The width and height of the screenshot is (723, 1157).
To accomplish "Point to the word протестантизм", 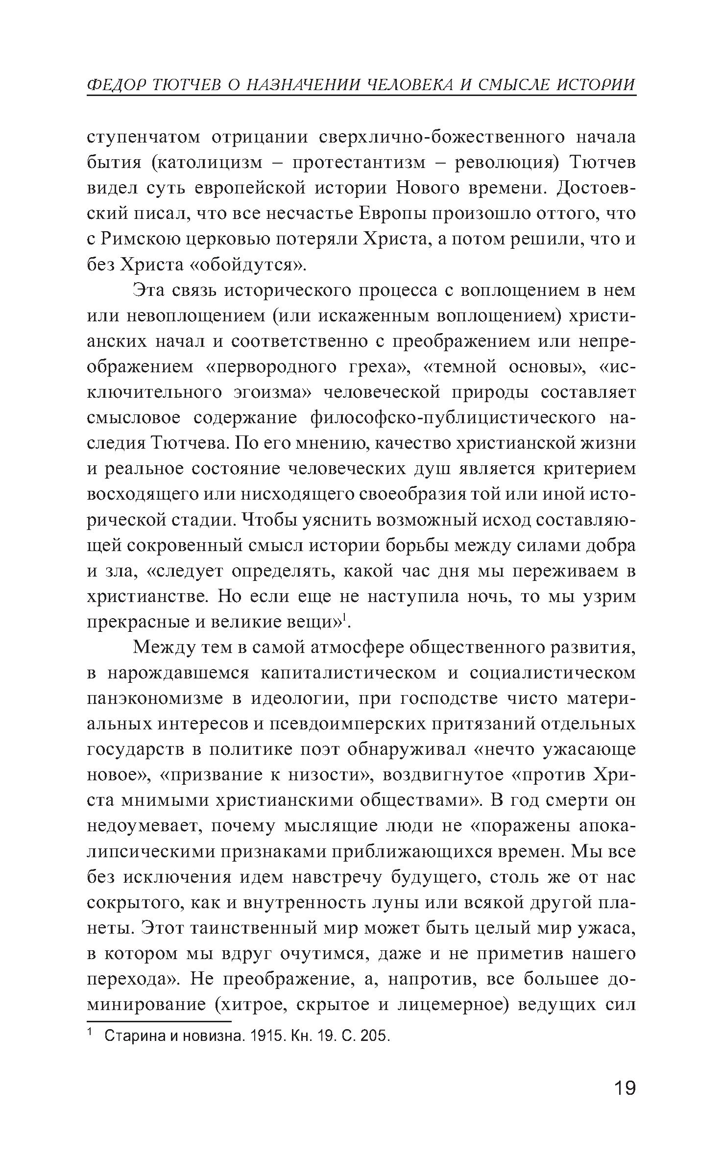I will click(x=360, y=163).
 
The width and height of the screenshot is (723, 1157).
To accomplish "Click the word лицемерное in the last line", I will click(x=454, y=1004).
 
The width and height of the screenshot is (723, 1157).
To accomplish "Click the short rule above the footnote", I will click(x=159, y=1022).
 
